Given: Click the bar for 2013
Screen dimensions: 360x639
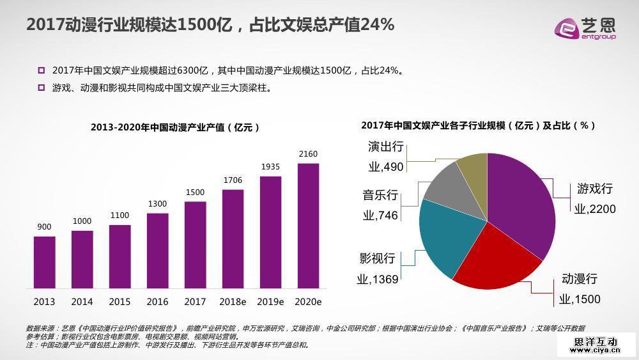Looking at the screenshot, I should [x=44, y=262].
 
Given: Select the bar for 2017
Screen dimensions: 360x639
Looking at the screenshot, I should [x=196, y=245].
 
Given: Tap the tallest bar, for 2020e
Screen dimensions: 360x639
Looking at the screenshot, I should [x=308, y=226].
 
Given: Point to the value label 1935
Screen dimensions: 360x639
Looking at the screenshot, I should [x=270, y=167].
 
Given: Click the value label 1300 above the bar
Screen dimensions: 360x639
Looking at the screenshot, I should [x=157, y=204].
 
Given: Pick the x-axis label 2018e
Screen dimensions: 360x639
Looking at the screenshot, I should [x=233, y=301].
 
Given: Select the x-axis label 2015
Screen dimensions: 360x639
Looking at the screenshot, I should [x=119, y=301].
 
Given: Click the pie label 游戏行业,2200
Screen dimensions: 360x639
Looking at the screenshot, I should [x=594, y=198].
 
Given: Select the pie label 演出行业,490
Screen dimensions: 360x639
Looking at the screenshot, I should [x=386, y=157].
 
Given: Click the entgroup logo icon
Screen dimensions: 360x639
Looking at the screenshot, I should [x=568, y=27].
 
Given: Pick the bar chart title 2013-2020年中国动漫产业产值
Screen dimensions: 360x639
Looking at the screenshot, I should [x=175, y=127].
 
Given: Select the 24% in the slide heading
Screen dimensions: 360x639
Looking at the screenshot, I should [x=378, y=25].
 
